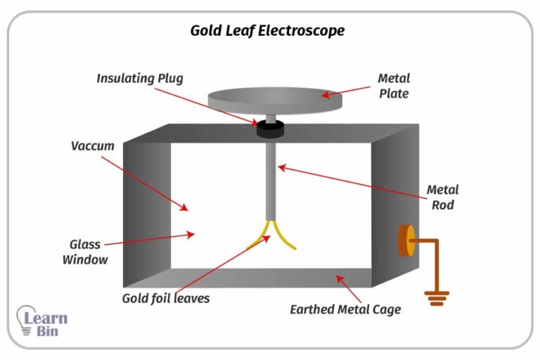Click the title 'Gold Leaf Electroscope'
click(267, 31)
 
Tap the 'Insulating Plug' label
click(139, 78)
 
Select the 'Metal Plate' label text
click(393, 86)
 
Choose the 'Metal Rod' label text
click(442, 198)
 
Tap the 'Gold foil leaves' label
click(165, 297)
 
